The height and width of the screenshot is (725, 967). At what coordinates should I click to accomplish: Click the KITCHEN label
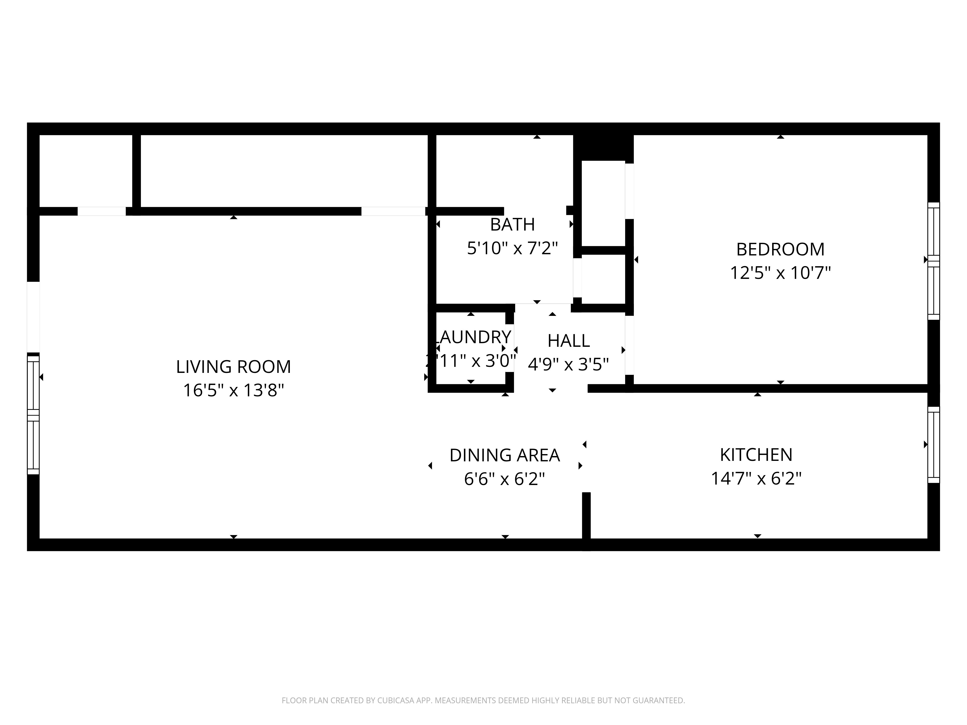tap(756, 455)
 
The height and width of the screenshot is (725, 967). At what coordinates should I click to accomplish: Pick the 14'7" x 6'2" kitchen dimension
tap(756, 478)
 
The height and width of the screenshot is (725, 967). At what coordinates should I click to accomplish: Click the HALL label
tap(568, 341)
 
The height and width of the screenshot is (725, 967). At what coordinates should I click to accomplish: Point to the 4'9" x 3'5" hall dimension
tap(568, 364)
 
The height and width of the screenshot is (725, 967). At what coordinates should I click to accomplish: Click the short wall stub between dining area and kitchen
tap(586, 516)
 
